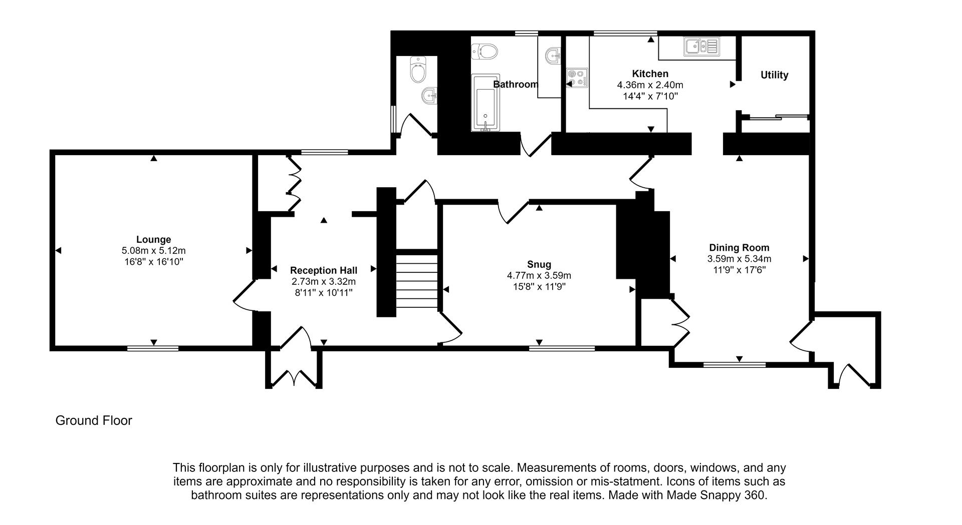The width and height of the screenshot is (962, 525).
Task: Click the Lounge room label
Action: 153,240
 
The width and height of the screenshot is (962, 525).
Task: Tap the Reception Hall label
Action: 323,271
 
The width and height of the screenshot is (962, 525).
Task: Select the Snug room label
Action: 539,264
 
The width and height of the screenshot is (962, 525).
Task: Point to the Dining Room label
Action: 739,247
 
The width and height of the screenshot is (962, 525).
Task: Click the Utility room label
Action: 774,75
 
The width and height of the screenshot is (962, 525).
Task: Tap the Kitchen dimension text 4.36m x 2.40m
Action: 650,85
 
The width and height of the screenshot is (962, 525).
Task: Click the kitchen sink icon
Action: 700,47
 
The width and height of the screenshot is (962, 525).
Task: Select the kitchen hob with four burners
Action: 577,78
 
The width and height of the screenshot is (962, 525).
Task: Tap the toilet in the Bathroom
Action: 484,51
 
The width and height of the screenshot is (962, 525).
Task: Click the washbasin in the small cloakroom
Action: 429,94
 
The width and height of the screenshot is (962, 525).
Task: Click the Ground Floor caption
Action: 94,420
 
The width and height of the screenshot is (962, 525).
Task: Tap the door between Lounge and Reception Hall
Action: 244,298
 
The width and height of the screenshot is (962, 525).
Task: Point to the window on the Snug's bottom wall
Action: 562,348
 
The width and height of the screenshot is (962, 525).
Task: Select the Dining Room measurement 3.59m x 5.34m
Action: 739,259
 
